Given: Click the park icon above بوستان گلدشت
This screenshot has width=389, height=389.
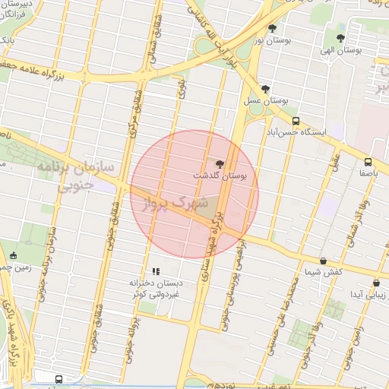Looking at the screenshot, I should coord(220,163).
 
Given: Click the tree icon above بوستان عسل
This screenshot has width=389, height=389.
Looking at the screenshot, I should coord(264,90).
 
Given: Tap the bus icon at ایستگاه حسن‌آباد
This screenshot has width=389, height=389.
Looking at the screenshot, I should coord(296,120).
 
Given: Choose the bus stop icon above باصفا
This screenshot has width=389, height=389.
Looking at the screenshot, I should coord(368,162).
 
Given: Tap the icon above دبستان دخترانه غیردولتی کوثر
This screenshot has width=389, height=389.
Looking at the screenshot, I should coord(156,271).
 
